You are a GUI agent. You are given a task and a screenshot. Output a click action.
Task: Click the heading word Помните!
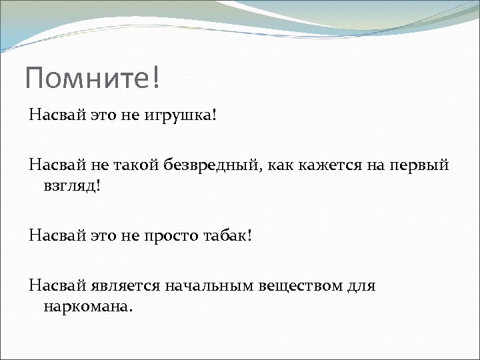point(93,77)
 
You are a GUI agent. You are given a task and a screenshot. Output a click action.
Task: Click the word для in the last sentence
point(361,286)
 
